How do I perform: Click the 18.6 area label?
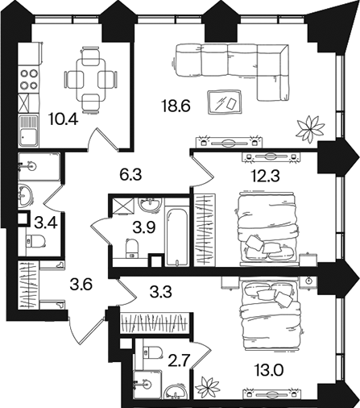(x=176, y=106)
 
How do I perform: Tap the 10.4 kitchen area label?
(x=64, y=119)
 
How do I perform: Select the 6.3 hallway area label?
(x=130, y=175)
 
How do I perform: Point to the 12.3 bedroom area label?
(x=266, y=176)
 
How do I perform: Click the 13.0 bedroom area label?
(x=269, y=371)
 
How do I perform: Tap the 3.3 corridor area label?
(x=160, y=292)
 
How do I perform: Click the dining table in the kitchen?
(x=91, y=79)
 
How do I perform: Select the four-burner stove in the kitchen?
(x=28, y=79)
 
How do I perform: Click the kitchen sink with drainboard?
(x=28, y=131)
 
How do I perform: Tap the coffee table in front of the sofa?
(x=225, y=102)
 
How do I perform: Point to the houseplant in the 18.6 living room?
(x=310, y=128)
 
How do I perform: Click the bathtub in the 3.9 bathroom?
(x=176, y=237)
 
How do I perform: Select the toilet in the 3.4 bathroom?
(x=35, y=241)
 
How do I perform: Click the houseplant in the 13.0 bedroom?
(x=208, y=388)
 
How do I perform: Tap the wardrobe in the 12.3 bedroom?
(x=205, y=230)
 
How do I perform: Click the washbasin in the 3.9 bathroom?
(x=150, y=206)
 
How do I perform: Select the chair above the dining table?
(x=90, y=56)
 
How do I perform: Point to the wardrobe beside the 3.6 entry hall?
(x=28, y=285)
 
